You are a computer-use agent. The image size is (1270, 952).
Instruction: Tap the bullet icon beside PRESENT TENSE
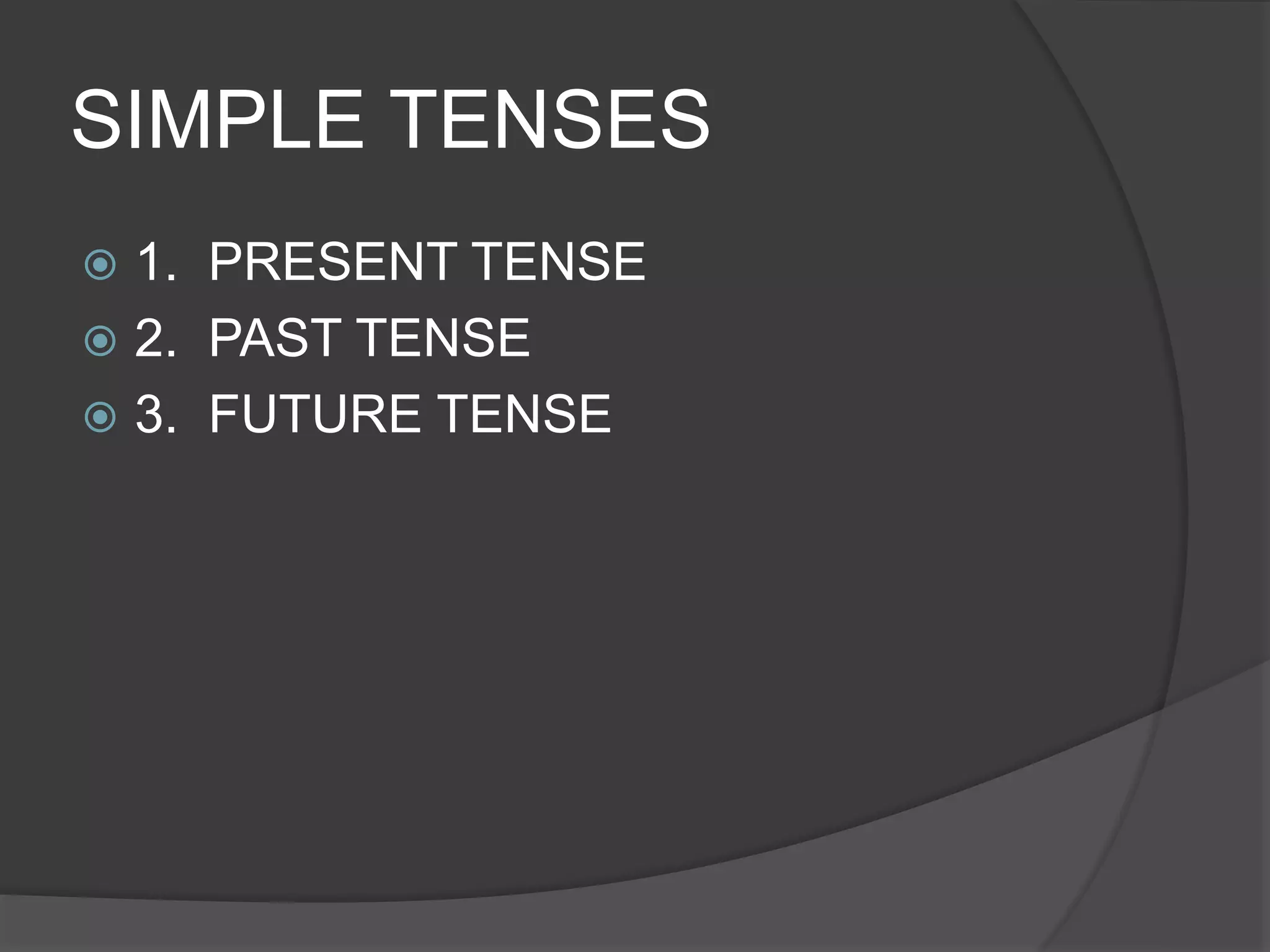(x=100, y=265)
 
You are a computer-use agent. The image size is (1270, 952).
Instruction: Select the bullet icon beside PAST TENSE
(x=100, y=340)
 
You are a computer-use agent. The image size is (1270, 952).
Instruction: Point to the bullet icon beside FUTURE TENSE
(x=100, y=416)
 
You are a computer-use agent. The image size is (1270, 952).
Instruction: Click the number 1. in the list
(x=155, y=262)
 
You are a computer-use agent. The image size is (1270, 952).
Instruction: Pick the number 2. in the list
(x=155, y=338)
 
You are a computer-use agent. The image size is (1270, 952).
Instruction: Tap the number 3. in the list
(x=155, y=414)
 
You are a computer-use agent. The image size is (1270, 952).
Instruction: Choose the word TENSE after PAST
(x=445, y=338)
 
